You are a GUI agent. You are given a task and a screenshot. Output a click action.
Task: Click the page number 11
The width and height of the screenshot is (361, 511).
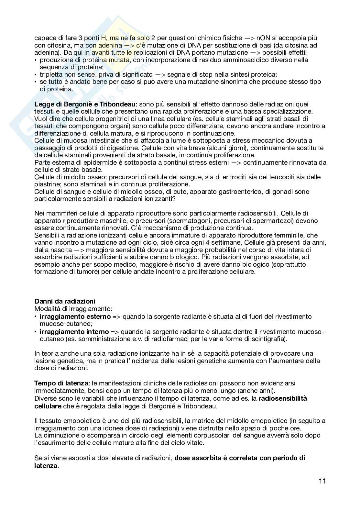point(322,481)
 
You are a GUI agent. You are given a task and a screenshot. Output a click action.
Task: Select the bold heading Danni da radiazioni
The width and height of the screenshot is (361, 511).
point(65,301)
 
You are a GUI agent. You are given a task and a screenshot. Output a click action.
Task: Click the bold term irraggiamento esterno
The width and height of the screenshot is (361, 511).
point(75,316)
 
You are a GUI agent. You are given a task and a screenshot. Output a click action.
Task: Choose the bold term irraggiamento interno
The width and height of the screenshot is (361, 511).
point(74,331)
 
